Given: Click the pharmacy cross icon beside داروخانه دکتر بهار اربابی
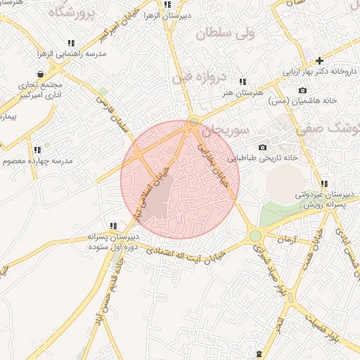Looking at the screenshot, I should coord(320,60).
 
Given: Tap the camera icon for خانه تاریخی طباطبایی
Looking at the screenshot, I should coord(262,148).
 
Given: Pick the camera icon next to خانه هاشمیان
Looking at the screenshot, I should coord(302,90).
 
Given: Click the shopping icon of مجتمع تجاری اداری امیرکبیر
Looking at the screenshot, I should coord(40,73).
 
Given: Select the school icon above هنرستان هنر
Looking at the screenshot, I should coord(243,82).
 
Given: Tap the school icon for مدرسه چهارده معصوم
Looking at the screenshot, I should coord(37,150).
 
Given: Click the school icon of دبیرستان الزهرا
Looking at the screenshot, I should coord(167,4).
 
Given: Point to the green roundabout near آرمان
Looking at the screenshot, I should coord(255,236).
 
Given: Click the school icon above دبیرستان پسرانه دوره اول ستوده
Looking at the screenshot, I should coord(113,226).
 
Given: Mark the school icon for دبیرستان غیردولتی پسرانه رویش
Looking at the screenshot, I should coord(324,184).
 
